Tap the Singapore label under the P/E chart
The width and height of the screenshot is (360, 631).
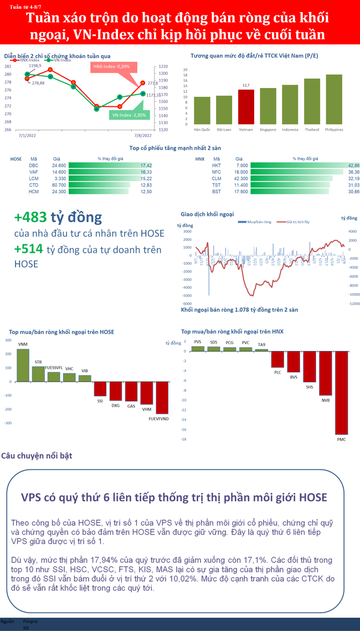(268, 130)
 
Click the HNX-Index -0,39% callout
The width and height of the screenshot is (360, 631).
(111, 66)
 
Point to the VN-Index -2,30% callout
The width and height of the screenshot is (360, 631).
(128, 115)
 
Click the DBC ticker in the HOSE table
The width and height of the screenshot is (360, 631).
(33, 165)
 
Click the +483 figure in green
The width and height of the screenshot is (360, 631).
(30, 217)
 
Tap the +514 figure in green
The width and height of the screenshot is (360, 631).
(29, 250)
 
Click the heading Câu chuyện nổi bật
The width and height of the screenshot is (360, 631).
(37, 456)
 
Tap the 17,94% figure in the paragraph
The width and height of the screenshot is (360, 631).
(104, 561)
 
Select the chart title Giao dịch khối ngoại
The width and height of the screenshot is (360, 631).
(207, 214)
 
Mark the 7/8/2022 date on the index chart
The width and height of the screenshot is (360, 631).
(143, 134)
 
